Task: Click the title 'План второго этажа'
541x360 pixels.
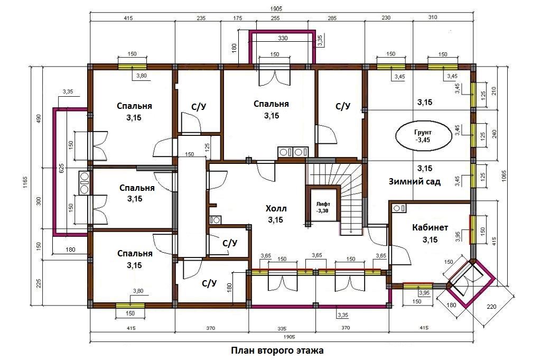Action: click(277, 350)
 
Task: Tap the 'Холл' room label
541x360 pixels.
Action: click(276, 208)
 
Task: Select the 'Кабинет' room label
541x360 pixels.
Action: click(430, 227)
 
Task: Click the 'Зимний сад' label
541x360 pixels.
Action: click(414, 181)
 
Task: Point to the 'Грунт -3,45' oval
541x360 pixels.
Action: click(423, 136)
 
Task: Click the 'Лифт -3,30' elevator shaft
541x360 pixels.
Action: click(323, 206)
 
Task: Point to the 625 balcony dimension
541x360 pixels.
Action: click(62, 169)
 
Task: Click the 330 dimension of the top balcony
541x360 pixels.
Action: click(283, 38)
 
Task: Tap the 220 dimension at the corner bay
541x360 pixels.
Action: click(492, 306)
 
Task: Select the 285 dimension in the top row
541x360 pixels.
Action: click(331, 18)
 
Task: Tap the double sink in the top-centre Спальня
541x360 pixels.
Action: click(293, 152)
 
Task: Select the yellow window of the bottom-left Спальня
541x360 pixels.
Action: click(130, 305)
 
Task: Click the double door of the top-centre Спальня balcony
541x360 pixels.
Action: click(274, 76)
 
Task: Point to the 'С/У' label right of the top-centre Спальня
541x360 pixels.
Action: click(343, 106)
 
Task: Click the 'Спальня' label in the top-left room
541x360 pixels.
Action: click(134, 106)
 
